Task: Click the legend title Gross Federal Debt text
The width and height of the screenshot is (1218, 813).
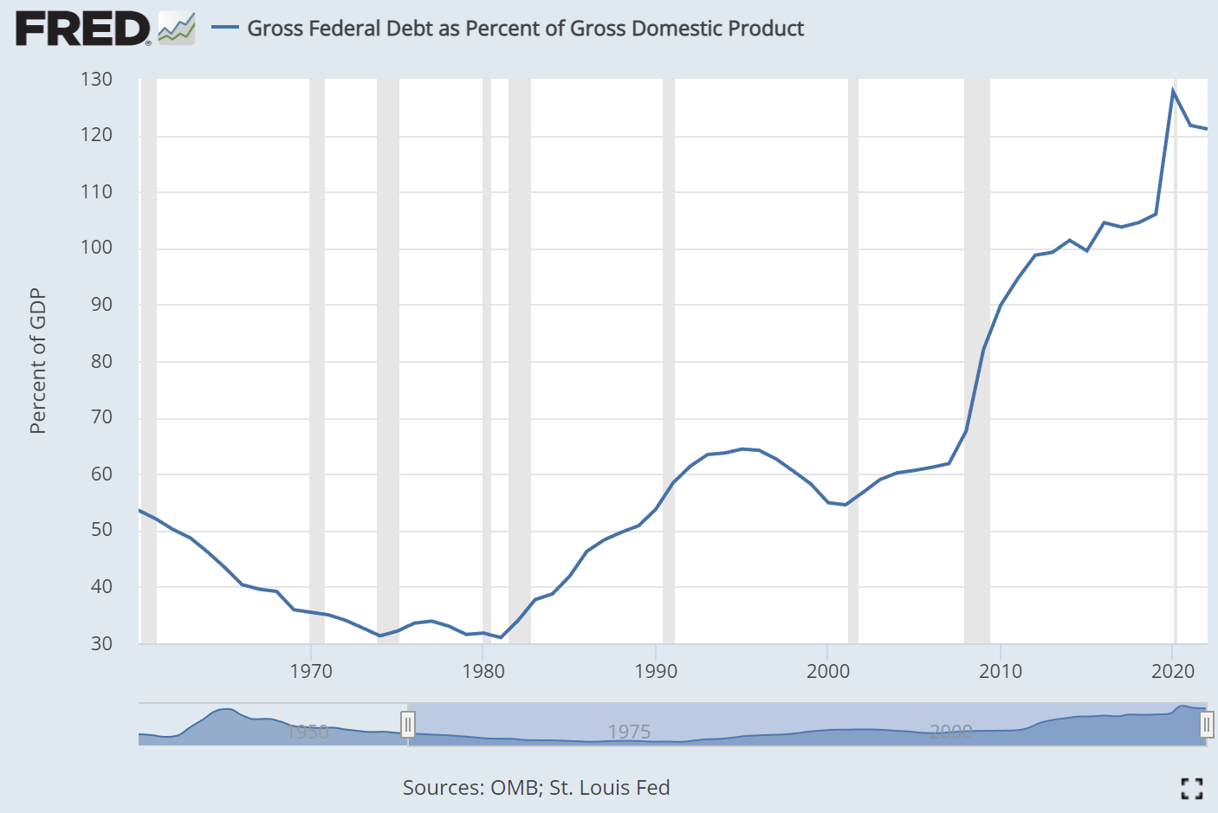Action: tap(525, 29)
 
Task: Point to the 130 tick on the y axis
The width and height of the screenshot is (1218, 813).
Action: tap(96, 80)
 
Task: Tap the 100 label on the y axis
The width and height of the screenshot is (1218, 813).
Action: tap(96, 248)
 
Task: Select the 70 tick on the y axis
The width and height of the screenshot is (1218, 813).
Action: tap(101, 417)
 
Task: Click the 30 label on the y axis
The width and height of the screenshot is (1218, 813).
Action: tap(101, 643)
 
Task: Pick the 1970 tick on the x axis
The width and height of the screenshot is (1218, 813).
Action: tap(311, 671)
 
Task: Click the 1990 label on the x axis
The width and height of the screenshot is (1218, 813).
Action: tap(656, 671)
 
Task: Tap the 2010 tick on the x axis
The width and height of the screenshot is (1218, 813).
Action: tap(1001, 671)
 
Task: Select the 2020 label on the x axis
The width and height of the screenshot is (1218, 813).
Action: tap(1173, 671)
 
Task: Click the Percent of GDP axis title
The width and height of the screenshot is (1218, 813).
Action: tap(37, 361)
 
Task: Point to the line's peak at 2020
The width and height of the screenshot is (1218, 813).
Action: tap(1173, 91)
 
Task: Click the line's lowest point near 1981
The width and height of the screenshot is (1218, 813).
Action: tap(501, 637)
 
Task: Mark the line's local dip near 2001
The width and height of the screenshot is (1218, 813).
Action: tap(845, 505)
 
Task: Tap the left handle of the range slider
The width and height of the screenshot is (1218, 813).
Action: tap(407, 724)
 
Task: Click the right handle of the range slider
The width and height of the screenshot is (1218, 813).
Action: tap(1206, 724)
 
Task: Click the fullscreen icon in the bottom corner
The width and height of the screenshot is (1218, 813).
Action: tap(1192, 788)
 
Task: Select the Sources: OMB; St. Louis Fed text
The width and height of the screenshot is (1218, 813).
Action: tap(536, 788)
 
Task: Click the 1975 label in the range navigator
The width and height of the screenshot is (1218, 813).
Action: tap(629, 732)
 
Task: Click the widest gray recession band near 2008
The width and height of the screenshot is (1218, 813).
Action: tap(977, 361)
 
